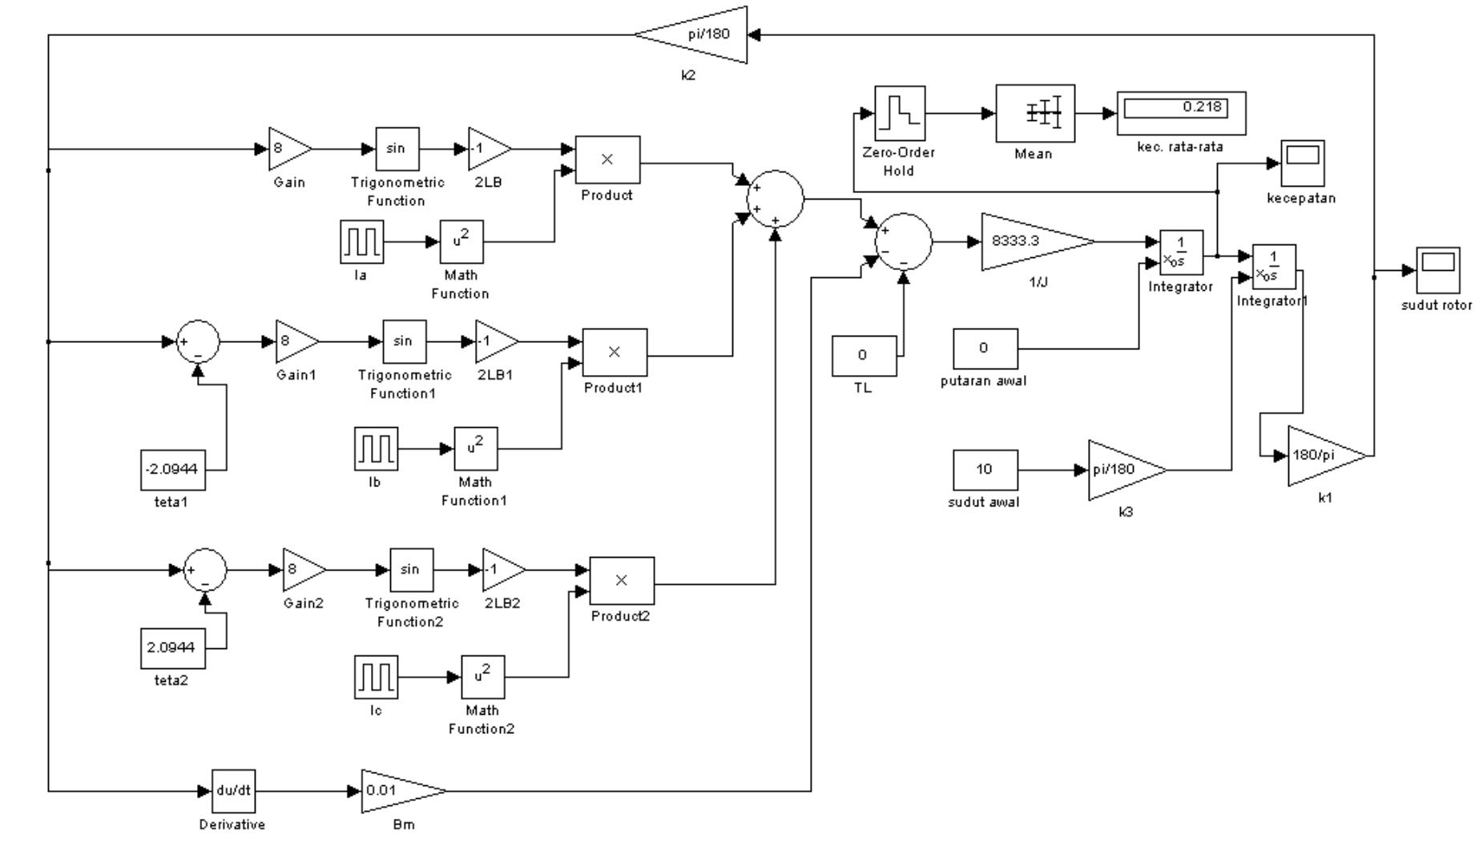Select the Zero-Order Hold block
coord(899,113)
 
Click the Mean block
coord(1034,113)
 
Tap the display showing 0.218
coord(1181,113)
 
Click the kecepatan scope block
coord(1302,163)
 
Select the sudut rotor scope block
coord(1437,270)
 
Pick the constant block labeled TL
coord(863,356)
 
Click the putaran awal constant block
coord(985,349)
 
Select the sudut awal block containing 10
coord(985,470)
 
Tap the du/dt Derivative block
coord(233,791)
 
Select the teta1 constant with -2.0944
coord(173,470)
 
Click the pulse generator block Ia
coord(361,241)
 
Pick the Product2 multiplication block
coord(621,581)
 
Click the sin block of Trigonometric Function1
coord(404,341)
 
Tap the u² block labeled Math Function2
coord(482,677)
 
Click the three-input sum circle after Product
coord(775,199)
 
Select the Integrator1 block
coord(1273,267)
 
